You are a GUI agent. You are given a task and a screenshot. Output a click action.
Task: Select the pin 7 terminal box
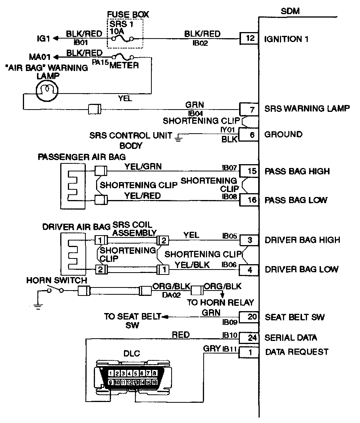[x=249, y=109]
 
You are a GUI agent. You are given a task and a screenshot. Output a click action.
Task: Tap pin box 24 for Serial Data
[x=249, y=338]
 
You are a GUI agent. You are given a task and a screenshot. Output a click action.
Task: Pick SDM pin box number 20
[x=249, y=317]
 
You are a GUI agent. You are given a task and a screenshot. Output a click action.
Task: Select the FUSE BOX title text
[x=128, y=15]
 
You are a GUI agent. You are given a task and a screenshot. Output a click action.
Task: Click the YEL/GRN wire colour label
[x=143, y=166]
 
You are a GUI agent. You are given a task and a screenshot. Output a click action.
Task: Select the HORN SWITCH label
[x=56, y=281]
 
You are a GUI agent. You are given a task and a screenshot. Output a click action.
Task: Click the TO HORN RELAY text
[x=220, y=303]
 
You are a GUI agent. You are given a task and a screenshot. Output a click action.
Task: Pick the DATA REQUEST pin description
[x=296, y=352]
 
